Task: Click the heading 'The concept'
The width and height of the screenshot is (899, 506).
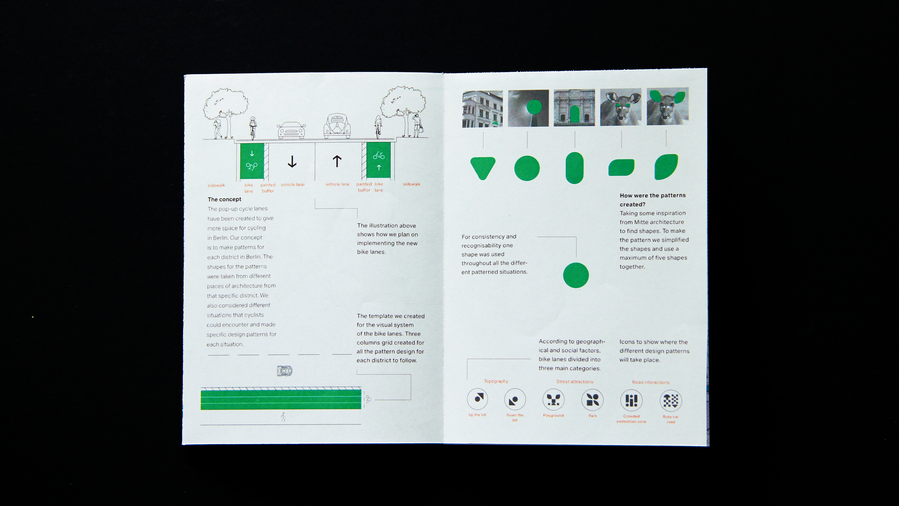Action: (224, 199)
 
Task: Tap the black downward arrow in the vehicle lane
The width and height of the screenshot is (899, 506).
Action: (292, 161)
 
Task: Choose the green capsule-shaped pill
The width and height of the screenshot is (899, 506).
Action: (574, 168)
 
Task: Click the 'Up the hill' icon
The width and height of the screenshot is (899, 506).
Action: (477, 399)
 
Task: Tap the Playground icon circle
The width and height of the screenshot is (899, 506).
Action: (553, 400)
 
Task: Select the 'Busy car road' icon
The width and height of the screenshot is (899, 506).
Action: (671, 401)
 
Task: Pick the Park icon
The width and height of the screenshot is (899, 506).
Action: (593, 400)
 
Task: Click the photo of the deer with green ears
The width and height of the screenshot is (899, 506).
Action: (668, 106)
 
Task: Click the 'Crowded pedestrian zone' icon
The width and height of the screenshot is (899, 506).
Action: (631, 400)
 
